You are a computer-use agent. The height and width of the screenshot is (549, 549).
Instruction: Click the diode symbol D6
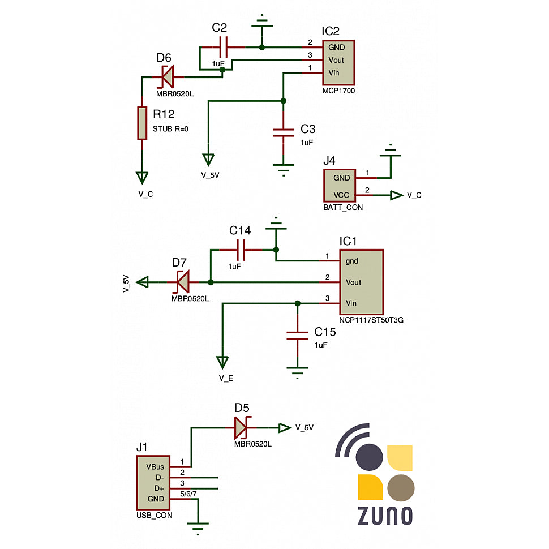pos(167,74)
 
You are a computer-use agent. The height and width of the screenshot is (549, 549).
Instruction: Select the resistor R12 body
pos(142,123)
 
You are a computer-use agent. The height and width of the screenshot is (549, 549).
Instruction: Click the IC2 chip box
pos(338,60)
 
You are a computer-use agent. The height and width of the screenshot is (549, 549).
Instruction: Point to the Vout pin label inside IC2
pos(336,60)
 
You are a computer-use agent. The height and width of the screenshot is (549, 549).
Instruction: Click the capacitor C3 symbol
pos(284,132)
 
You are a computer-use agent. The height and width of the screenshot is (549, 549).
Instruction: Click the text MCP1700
pos(338,90)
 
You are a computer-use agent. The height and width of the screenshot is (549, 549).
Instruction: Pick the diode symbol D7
pos(182,281)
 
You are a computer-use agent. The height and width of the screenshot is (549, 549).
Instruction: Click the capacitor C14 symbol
pos(241,249)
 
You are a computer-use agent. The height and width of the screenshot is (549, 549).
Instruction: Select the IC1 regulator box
pos(362,282)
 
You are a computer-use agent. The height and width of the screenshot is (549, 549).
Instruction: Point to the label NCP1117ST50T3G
pos(371,320)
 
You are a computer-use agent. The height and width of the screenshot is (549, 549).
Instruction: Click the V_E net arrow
pos(222,361)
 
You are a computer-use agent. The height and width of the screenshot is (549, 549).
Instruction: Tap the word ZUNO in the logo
pos(384,516)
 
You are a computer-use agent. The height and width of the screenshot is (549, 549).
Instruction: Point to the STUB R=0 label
pos(170,128)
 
